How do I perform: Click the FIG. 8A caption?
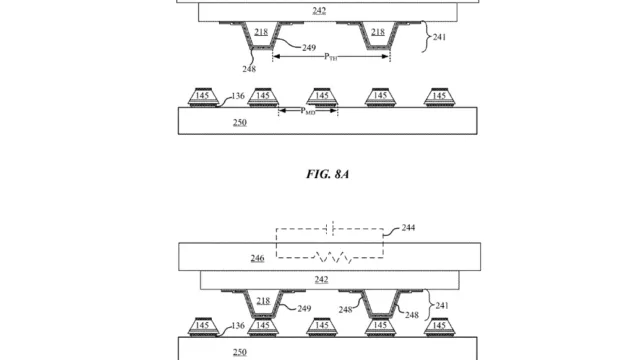point(327,174)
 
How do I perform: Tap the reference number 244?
point(408,228)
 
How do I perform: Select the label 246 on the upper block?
point(257,258)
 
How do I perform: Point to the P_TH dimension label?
point(331,57)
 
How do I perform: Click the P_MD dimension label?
point(308,111)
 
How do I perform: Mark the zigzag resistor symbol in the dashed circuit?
point(333,258)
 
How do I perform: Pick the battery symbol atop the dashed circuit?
point(330,228)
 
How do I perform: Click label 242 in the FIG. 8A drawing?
point(319,11)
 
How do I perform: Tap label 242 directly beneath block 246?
point(321,280)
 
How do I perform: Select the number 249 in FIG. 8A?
point(309,48)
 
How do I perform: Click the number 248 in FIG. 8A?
point(249,69)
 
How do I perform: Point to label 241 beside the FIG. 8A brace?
point(439,37)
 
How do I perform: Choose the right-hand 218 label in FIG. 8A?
point(378,31)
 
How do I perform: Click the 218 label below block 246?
point(263,301)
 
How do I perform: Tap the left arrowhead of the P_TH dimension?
point(276,56)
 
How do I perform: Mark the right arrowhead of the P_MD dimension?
point(333,111)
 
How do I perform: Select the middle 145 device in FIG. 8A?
point(322,97)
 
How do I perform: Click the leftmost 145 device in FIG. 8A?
point(203,97)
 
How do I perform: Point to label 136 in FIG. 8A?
point(238,96)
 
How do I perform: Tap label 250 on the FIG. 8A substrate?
point(240,122)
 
